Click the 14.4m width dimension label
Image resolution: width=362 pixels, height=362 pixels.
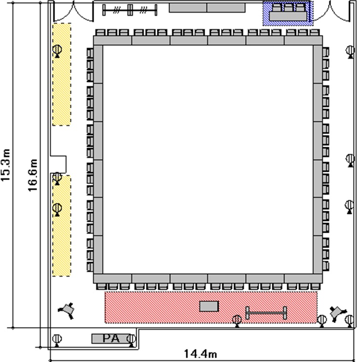200,353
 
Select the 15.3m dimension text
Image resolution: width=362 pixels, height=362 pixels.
5,165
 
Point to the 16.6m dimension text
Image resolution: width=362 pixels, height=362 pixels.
32,175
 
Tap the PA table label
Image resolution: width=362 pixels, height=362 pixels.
111,338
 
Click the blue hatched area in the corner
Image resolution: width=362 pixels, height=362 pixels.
288,13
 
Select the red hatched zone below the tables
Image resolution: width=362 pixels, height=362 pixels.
211,307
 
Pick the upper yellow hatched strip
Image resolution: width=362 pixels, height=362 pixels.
62,74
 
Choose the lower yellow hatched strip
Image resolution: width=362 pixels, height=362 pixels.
62,225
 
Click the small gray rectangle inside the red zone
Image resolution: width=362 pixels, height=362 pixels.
209,306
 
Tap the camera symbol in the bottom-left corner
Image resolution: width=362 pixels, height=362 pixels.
67,309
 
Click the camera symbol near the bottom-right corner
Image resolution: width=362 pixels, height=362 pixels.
337,313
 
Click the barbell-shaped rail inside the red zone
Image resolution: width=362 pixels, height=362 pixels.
266,313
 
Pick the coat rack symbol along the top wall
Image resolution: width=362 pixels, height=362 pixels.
130,10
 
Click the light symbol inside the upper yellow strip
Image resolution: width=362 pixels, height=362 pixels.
57,51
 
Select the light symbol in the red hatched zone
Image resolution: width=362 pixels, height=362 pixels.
237,321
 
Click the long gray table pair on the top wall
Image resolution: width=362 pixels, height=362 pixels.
207,8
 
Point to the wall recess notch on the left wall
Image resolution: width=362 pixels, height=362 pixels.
58,165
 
